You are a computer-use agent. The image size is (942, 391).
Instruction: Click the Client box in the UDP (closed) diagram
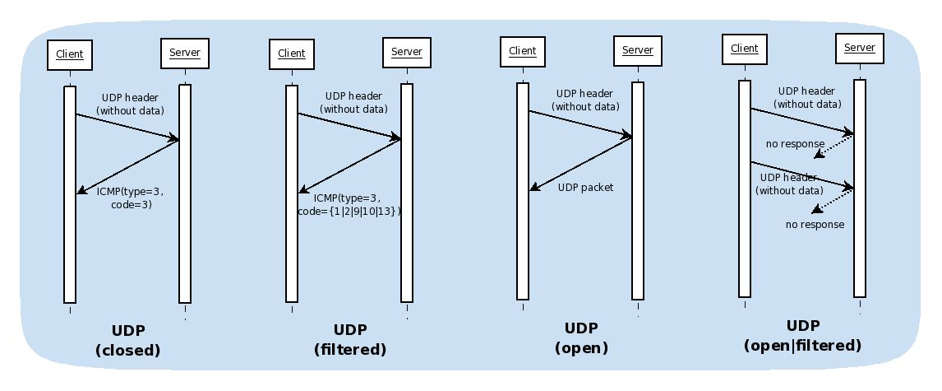[70, 55]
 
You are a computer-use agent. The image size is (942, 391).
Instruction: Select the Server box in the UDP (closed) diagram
[184, 54]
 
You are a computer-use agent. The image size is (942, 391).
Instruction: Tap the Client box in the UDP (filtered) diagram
[292, 54]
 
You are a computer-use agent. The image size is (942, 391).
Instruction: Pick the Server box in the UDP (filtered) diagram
[406, 52]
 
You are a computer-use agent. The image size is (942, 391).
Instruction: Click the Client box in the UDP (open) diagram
[523, 51]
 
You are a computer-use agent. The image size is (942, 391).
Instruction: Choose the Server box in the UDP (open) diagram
[637, 50]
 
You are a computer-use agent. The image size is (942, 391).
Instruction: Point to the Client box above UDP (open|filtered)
[745, 49]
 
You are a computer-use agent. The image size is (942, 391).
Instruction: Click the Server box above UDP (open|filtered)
[860, 48]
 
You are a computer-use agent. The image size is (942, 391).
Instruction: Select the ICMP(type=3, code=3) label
[130, 198]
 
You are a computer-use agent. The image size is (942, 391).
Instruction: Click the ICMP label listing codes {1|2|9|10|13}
[349, 205]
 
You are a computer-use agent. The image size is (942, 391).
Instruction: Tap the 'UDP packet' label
[585, 188]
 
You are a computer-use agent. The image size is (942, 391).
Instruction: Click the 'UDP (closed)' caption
[128, 341]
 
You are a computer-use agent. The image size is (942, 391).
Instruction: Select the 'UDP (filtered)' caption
[350, 339]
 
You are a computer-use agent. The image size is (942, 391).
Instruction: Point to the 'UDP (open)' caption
[581, 337]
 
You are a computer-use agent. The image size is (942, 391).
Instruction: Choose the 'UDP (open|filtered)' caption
[802, 336]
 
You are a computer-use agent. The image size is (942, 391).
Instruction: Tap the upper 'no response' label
[795, 144]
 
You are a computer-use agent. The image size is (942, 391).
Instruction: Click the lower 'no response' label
[815, 225]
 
